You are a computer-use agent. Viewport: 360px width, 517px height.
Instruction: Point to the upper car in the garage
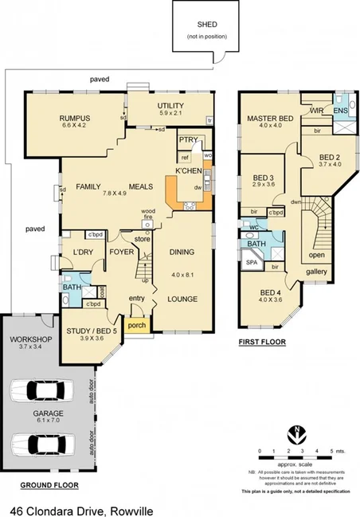40,391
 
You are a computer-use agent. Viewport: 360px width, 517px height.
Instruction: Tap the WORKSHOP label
29,341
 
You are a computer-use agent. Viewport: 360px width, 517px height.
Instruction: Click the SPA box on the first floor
250,262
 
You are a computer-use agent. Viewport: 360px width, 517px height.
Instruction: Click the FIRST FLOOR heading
262,342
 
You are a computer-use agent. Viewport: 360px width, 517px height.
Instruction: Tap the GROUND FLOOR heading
47,484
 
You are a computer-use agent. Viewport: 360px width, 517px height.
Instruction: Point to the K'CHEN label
188,173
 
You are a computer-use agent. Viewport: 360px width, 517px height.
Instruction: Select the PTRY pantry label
188,140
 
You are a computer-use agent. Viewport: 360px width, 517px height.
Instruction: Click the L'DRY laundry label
84,253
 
